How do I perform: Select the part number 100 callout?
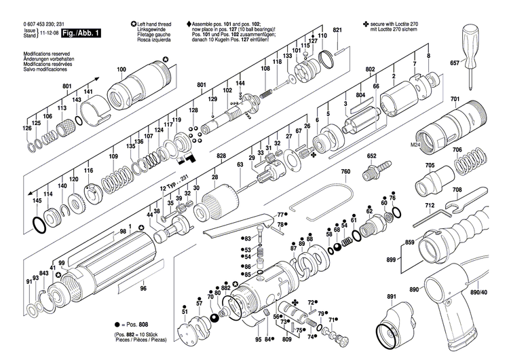[x=121, y=70]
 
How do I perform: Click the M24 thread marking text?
[x=415, y=145]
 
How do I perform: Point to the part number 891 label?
[x=392, y=297]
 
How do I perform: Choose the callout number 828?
[x=221, y=156]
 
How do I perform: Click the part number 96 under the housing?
[x=143, y=289]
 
